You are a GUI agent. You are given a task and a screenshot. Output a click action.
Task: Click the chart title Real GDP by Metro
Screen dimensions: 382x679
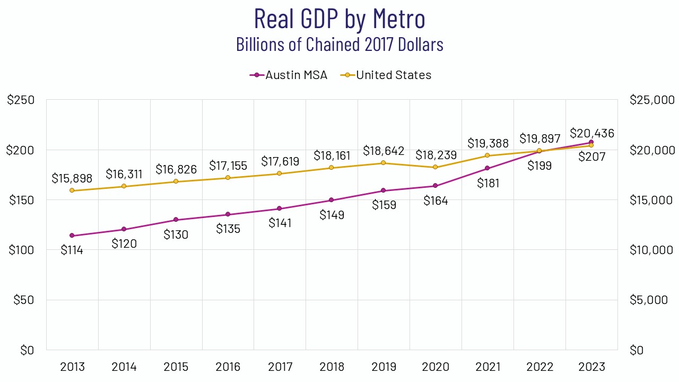click(x=339, y=19)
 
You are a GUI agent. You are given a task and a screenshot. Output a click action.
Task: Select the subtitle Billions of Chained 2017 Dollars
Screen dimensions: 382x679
click(x=339, y=45)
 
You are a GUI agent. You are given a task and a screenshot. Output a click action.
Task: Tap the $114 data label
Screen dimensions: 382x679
click(x=72, y=250)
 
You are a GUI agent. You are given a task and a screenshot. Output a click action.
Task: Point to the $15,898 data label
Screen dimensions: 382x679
click(x=72, y=178)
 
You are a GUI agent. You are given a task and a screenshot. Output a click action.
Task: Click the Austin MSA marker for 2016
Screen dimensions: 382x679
click(x=228, y=214)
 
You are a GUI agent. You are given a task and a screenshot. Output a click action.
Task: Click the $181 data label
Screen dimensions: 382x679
click(x=488, y=183)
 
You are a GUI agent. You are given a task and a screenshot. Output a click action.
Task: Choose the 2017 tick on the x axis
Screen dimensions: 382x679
click(x=280, y=367)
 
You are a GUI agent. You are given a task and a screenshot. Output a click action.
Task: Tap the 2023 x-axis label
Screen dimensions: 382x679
click(x=591, y=367)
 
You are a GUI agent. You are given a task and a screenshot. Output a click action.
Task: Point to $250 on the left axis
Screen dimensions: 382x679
click(x=21, y=100)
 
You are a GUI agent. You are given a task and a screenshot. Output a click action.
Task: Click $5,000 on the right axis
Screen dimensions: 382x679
click(x=648, y=300)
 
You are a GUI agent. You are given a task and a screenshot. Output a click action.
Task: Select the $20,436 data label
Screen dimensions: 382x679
click(x=592, y=134)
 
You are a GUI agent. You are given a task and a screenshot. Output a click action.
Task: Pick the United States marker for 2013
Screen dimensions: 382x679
click(x=72, y=190)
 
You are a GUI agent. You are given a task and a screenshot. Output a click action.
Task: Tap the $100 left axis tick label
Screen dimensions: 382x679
click(x=21, y=250)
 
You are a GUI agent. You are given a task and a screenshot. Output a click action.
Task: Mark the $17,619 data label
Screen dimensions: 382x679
click(x=280, y=161)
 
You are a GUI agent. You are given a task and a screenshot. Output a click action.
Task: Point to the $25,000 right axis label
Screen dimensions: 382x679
click(x=651, y=100)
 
